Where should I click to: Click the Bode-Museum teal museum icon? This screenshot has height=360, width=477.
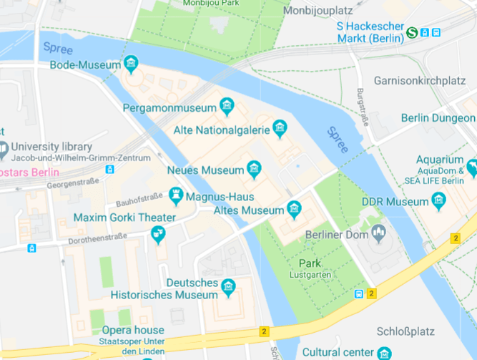pos(131,64)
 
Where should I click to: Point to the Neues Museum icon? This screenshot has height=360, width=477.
pos(254,170)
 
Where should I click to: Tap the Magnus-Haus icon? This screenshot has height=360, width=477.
pos(176,195)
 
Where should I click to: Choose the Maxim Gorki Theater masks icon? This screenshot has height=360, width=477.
pos(158,233)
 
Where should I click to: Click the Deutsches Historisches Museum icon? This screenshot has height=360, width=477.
pos(228,288)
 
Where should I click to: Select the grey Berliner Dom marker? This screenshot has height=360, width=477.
pos(378,233)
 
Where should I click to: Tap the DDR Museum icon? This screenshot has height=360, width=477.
pos(438,202)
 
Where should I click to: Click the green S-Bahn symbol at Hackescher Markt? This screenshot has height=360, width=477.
pos(412,32)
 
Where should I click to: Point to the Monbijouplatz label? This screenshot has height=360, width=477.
pos(318,11)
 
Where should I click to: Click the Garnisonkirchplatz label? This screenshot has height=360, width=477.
pos(425,81)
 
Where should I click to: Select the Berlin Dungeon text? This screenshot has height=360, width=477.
pos(438,117)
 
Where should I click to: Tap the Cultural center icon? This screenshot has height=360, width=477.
pos(384,353)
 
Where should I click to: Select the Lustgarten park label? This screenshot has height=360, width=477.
pos(311,275)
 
